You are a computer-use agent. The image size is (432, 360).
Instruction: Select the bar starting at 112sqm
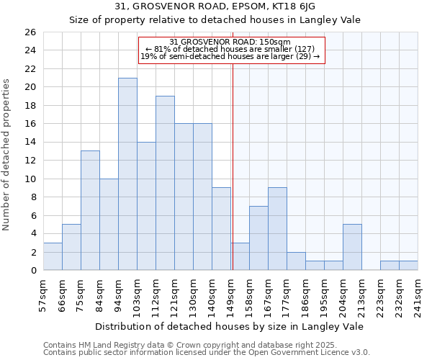tap(165, 183)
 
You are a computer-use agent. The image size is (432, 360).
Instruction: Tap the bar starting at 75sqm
tap(90, 210)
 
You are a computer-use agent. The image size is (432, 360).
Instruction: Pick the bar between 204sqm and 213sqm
tap(352, 247)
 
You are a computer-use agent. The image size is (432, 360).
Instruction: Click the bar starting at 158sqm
tap(258, 238)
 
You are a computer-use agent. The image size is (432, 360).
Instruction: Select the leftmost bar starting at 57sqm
tap(53, 256)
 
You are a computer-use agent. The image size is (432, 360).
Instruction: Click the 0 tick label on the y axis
tap(32, 271)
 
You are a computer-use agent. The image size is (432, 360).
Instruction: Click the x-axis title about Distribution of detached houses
tap(230, 326)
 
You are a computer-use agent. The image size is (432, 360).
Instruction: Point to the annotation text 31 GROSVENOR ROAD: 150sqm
tap(230, 42)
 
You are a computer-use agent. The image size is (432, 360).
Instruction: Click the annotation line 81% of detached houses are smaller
tap(230, 49)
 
